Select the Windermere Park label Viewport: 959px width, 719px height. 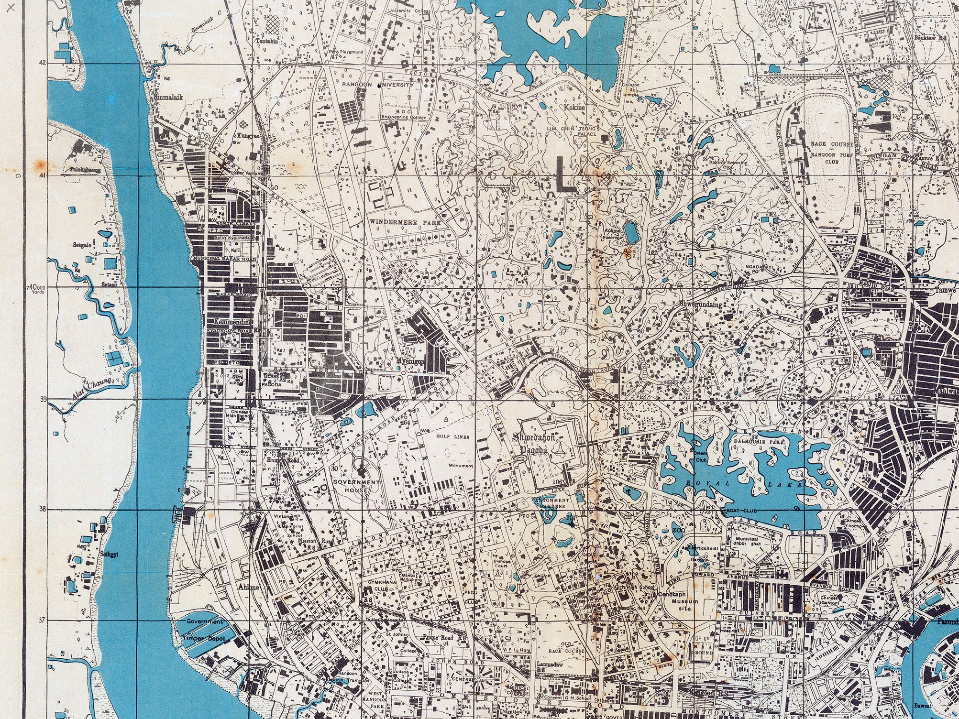pos(404,223)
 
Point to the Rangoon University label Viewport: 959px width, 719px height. pos(377,85)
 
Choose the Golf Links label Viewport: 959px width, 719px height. pos(452,436)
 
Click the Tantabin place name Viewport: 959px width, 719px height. pos(267,41)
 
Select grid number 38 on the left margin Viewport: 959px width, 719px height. pos(43,510)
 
